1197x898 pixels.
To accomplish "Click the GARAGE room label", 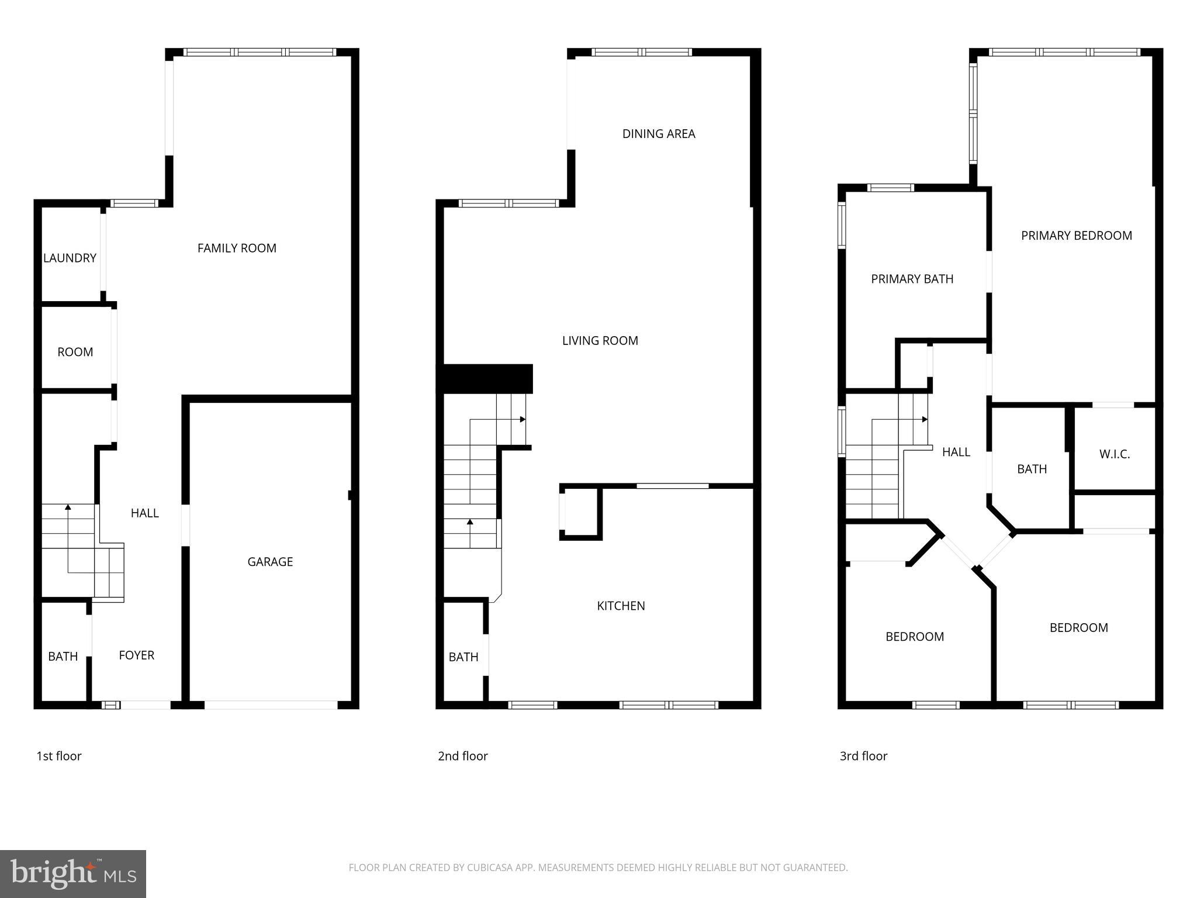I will (x=270, y=562).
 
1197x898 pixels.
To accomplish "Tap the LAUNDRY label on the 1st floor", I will (x=70, y=258).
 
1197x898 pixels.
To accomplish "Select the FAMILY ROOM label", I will (x=237, y=248).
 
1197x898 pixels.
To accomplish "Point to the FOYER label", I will (x=137, y=655).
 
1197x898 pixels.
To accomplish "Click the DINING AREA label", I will (x=659, y=134).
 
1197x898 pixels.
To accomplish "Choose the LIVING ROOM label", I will (x=600, y=341).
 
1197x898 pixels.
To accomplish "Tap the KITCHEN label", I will (x=621, y=606).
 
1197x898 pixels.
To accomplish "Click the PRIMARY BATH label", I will (x=912, y=279).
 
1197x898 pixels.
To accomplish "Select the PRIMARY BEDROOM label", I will (x=1077, y=236).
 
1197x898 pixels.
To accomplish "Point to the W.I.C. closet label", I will (x=1115, y=454).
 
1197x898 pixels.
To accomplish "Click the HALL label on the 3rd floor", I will (x=956, y=452).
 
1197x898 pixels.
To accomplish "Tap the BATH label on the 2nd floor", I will (x=463, y=657).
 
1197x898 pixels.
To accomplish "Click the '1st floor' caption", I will (x=59, y=756).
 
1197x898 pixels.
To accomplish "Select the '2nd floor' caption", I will (x=463, y=756).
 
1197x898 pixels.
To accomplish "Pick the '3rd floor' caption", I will (x=863, y=756).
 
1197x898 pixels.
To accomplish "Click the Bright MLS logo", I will (x=72, y=873).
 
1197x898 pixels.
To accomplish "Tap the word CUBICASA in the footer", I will (x=489, y=868).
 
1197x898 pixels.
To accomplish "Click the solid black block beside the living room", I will (x=485, y=379).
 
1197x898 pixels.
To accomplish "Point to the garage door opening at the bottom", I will (x=271, y=705).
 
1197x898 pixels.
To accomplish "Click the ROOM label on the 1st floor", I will (x=75, y=352).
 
